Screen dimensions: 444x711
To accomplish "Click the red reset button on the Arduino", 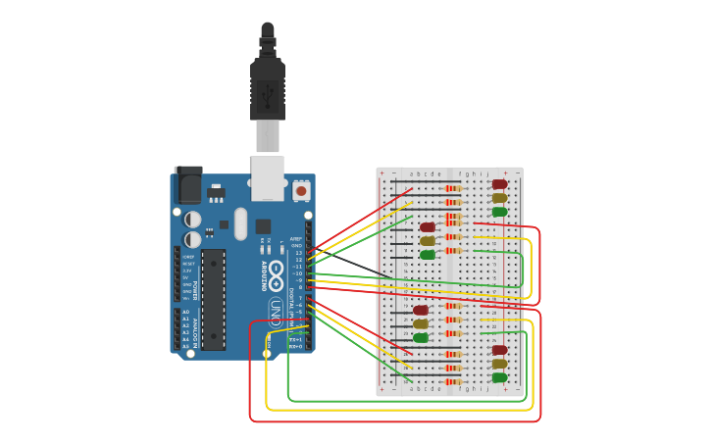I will [x=301, y=191].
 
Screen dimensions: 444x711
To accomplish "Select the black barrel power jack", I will [x=187, y=184].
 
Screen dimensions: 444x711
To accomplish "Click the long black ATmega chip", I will [x=214, y=299].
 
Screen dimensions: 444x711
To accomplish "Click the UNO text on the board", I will [x=277, y=313].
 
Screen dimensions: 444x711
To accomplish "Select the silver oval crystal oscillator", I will [x=241, y=222].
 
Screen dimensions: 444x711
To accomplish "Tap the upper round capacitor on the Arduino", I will [x=193, y=220].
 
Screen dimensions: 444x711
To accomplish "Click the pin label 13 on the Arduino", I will [x=299, y=253].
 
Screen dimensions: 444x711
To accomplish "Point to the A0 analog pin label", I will [x=185, y=312].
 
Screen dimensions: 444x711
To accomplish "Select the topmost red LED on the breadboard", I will [x=499, y=184].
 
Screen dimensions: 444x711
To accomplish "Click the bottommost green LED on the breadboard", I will [x=499, y=377].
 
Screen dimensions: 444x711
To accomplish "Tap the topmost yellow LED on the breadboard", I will [x=499, y=198].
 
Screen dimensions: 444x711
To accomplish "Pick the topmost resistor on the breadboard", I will [x=452, y=188].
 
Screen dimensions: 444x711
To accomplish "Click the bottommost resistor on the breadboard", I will [x=452, y=381].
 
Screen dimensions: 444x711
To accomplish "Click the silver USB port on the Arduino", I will [x=267, y=177].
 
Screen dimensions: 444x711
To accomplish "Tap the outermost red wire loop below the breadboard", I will [x=392, y=421].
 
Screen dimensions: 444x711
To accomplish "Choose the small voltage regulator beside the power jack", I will [x=216, y=191].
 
